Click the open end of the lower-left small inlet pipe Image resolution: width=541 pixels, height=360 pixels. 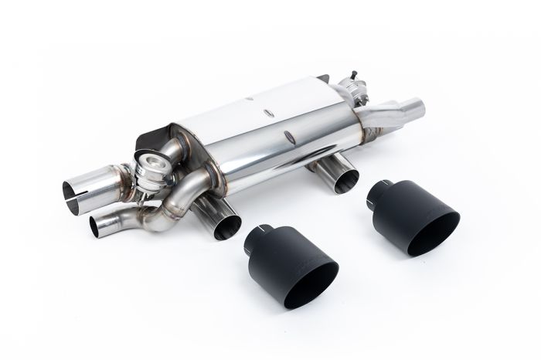[x=99, y=225]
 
